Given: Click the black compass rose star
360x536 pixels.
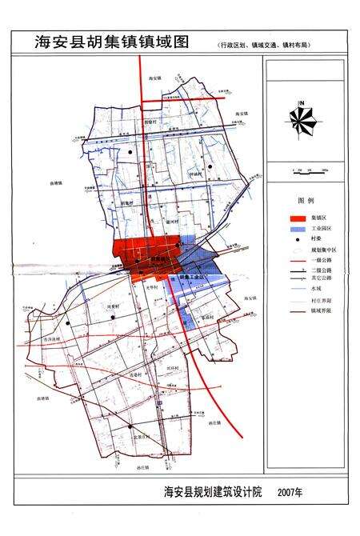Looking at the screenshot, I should [302, 120].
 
